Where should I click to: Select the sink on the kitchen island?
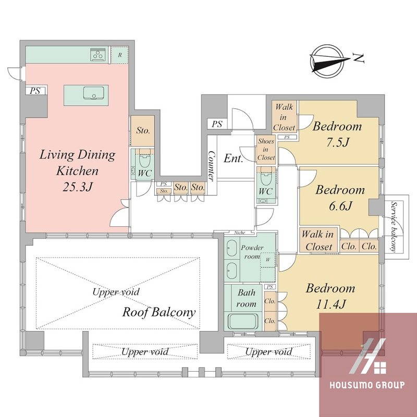[94, 93]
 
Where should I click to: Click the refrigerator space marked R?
[120, 55]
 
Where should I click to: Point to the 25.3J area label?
[78, 187]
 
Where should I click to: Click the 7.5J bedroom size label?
[337, 142]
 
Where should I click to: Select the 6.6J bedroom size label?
[341, 206]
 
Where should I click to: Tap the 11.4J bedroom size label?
[330, 304]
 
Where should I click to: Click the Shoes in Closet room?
[266, 149]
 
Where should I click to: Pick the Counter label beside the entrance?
[212, 166]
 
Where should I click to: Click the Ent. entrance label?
[234, 158]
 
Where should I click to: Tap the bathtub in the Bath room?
[243, 321]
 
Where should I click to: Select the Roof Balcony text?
[159, 312]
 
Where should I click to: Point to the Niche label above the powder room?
[240, 232]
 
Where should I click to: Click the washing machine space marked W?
[268, 260]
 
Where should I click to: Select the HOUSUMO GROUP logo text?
[367, 385]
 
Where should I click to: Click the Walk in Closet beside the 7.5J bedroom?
[284, 117]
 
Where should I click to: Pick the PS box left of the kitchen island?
[35, 91]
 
